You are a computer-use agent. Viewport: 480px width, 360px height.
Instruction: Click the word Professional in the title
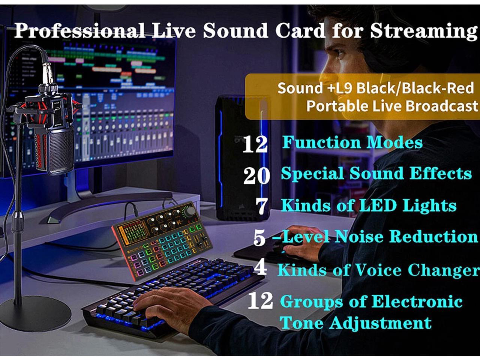pos(79,30)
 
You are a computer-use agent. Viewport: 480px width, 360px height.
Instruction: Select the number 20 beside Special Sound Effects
pos(256,175)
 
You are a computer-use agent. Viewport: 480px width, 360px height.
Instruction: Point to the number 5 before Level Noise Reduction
pos(259,238)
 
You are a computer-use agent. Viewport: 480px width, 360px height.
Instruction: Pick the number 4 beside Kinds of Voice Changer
pos(260,268)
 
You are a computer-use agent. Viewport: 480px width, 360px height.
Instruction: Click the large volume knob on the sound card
pos(190,211)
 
